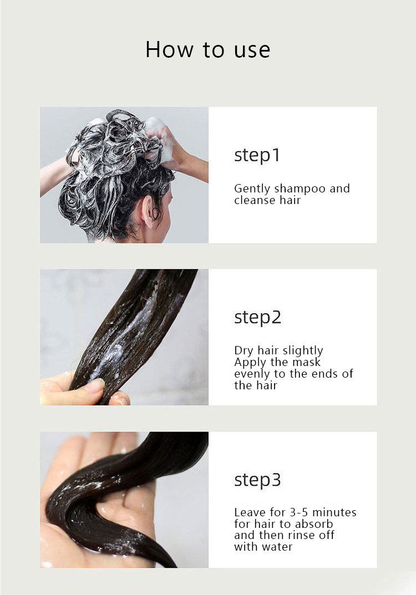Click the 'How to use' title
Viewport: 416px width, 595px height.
[207, 50]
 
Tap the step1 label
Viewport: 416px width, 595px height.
[257, 155]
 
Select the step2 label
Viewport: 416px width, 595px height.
[257, 318]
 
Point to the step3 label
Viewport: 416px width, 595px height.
[257, 480]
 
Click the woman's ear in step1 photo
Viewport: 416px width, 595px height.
[148, 211]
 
